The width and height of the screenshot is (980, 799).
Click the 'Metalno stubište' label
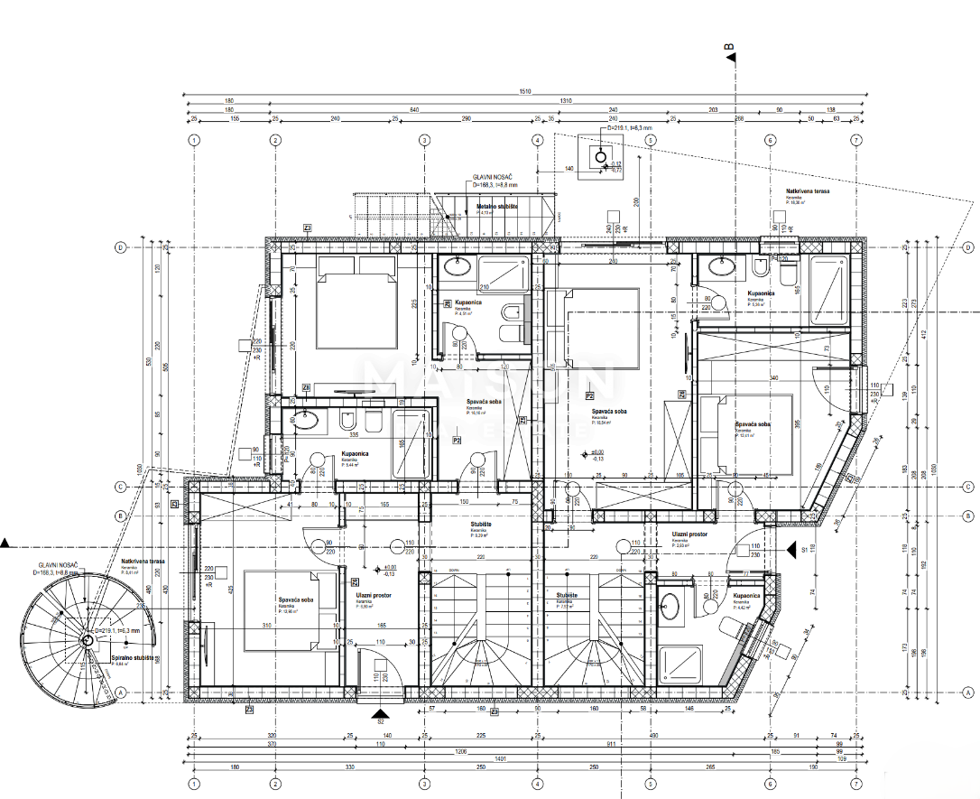point(496,207)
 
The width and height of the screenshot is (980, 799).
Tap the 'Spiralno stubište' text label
point(131,659)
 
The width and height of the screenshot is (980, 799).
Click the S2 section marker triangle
point(380,711)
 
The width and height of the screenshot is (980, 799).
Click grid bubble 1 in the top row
point(193,140)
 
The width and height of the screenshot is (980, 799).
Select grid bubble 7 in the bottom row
point(855,785)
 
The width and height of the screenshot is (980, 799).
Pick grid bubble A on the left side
point(119,692)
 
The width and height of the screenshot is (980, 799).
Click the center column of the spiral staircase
point(88,640)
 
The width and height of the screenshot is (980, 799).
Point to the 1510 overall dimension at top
point(525,90)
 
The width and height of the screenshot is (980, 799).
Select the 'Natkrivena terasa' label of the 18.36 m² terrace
point(808,191)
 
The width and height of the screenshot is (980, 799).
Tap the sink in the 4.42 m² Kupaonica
point(670,606)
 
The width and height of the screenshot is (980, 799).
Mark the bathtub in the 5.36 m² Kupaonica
point(828,290)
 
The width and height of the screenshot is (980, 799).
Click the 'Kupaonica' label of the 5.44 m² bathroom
point(354,455)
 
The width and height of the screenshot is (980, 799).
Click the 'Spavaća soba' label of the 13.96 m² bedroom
point(296,599)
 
